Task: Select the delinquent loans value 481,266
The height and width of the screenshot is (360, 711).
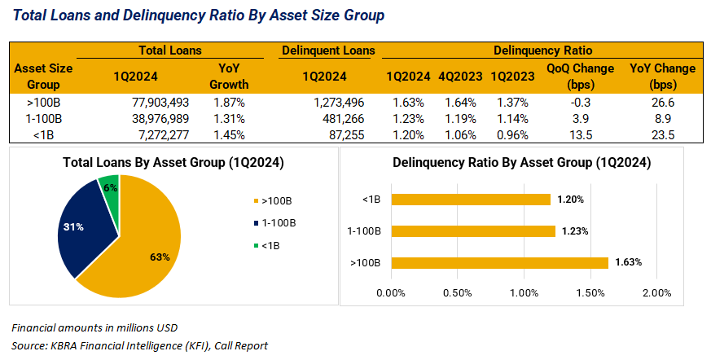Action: (x=336, y=118)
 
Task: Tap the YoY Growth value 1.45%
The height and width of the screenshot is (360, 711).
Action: (x=229, y=134)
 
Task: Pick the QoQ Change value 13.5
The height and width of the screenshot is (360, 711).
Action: (x=580, y=134)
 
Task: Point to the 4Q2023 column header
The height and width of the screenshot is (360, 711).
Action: (x=461, y=76)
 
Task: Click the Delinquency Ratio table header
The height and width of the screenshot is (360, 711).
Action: (x=542, y=50)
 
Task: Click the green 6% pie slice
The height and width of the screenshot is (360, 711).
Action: (x=111, y=189)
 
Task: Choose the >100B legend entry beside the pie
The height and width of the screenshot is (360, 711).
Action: (x=275, y=200)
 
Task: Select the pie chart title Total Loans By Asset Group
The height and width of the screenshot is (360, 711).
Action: (x=173, y=163)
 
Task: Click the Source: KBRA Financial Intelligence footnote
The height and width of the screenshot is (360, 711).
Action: (x=139, y=345)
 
